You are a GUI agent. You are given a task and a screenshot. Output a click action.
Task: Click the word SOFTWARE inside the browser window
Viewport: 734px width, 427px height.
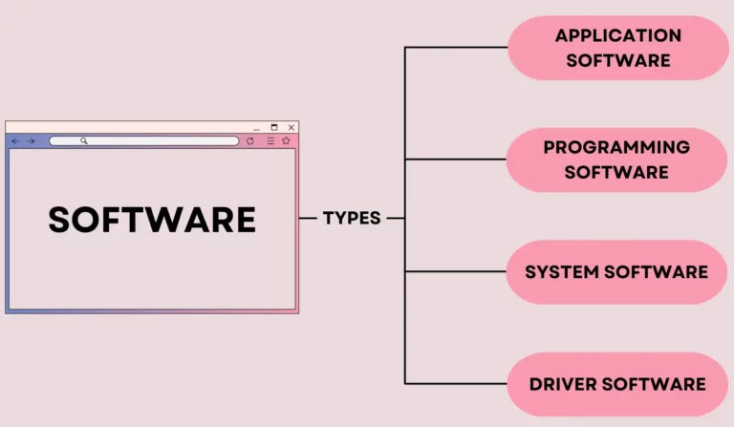[152, 220]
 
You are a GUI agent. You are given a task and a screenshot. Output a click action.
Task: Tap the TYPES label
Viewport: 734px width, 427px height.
[352, 218]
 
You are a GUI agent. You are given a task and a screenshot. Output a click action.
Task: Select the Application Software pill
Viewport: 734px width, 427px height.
[617, 48]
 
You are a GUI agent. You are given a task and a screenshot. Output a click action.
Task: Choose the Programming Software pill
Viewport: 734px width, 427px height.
[616, 160]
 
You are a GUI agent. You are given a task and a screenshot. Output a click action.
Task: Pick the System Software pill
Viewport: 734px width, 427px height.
[616, 272]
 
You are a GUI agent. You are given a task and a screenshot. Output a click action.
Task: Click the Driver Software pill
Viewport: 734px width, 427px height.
[616, 384]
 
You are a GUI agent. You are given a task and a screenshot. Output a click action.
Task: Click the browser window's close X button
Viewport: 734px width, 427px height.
[291, 127]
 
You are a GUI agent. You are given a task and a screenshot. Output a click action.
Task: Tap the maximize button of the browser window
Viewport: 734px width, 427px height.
[274, 127]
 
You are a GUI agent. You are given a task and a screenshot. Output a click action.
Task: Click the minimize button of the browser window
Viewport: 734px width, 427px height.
[256, 128]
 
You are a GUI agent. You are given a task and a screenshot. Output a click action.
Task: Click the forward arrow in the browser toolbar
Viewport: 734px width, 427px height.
[31, 141]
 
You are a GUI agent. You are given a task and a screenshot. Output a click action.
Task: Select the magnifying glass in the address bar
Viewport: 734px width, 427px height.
[84, 141]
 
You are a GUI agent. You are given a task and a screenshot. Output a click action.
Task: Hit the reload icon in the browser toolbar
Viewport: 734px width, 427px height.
[250, 141]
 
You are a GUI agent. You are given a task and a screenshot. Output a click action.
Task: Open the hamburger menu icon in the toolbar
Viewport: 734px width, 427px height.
[270, 141]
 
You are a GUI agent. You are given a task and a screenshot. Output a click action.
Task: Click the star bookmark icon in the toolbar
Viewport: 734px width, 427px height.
[286, 141]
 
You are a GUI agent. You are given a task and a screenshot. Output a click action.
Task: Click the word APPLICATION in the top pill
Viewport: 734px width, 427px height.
[618, 36]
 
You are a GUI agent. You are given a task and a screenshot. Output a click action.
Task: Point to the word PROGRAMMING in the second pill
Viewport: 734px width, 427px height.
[616, 147]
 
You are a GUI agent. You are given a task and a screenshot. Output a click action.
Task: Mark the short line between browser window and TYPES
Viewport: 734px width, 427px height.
[308, 218]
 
